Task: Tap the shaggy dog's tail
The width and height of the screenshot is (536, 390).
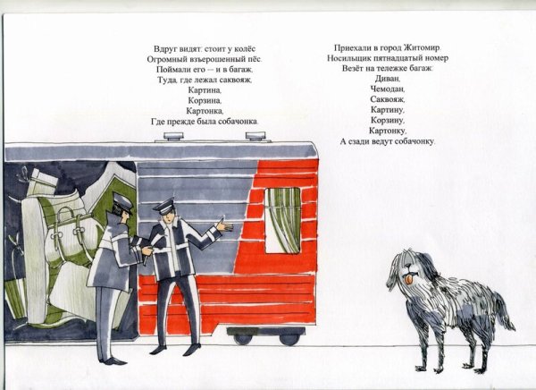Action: [x=504, y=313]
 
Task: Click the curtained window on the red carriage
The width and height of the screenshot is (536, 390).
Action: [x=282, y=220]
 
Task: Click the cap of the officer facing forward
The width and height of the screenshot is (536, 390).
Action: [x=164, y=207]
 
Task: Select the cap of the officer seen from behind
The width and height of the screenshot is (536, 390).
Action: [x=122, y=202]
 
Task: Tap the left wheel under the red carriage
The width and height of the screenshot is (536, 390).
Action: [x=243, y=339]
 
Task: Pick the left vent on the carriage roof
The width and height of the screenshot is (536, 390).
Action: [x=173, y=136]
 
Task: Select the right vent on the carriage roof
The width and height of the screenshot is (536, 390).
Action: [x=255, y=136]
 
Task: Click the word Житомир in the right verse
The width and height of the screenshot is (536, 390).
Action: [x=423, y=47]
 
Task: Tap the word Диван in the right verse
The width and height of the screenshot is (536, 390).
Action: [x=387, y=79]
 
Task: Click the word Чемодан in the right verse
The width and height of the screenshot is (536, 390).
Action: [x=388, y=89]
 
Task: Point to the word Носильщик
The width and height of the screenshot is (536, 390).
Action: [x=348, y=58]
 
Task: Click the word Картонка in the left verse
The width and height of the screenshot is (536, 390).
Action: [x=205, y=111]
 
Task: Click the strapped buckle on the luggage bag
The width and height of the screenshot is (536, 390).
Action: [x=57, y=235]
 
